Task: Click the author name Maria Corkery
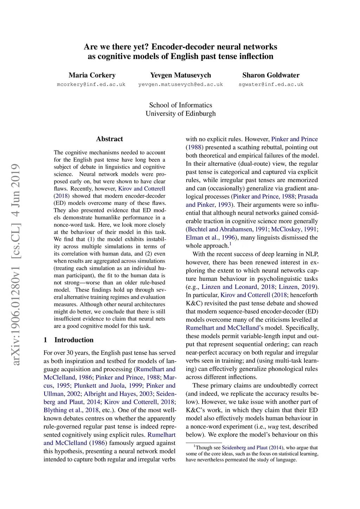coord(92,75)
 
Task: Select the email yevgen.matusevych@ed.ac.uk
coord(180,84)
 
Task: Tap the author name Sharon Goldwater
coord(271,75)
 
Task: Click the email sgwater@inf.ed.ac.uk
coord(271,84)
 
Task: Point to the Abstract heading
coord(109,139)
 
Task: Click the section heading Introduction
coord(74,340)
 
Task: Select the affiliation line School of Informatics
coord(180,105)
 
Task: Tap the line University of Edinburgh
coord(180,114)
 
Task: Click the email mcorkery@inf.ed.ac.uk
coord(91,84)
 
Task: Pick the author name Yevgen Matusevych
coord(180,75)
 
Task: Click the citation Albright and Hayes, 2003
coord(118,394)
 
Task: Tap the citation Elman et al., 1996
coord(210,238)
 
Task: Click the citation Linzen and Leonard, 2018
coord(238,287)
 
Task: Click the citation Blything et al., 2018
coord(71,410)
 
